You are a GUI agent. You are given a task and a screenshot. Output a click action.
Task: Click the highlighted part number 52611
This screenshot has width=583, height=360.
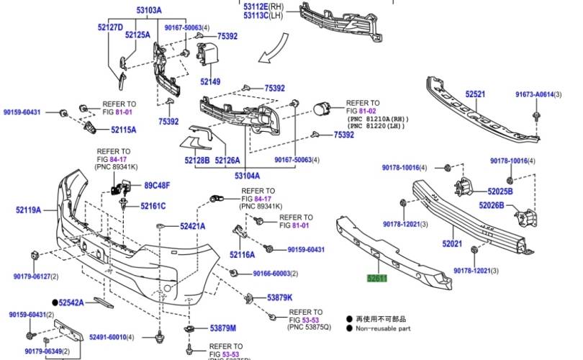[378, 276]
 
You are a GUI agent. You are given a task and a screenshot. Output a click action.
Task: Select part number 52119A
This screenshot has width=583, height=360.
[28, 210]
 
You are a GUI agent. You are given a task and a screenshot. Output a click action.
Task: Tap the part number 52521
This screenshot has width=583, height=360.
[474, 94]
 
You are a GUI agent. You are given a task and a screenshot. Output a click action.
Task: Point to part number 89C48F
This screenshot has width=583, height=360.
[156, 186]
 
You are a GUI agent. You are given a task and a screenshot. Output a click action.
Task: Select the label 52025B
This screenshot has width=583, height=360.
[500, 192]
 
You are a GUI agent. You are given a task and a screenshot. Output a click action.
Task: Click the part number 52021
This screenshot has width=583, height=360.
[452, 244]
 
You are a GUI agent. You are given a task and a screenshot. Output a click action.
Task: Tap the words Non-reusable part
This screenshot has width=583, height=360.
[387, 328]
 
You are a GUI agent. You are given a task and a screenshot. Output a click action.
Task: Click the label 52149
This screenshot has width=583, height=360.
[210, 82]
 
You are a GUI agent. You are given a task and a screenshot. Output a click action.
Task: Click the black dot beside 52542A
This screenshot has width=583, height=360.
[55, 303]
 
